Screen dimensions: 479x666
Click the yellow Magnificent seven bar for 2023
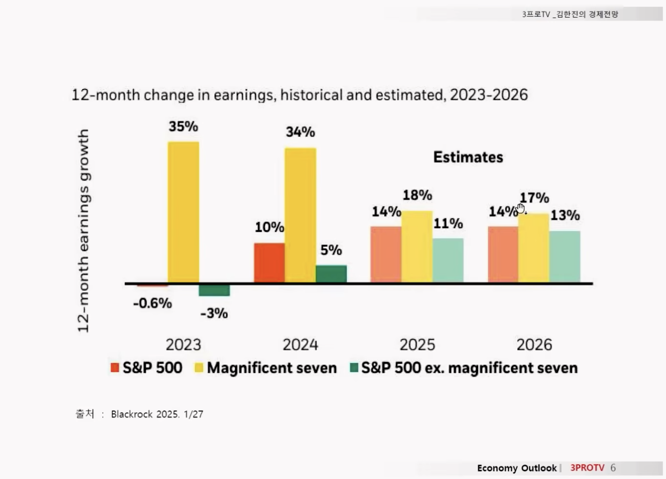[183, 212]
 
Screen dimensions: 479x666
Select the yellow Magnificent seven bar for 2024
[300, 215]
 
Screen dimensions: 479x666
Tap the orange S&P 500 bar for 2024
[269, 263]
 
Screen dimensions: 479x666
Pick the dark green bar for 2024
[331, 274]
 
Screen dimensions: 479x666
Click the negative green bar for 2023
[214, 290]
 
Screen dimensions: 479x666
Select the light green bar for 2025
[448, 260]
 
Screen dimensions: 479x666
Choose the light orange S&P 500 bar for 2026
[503, 254]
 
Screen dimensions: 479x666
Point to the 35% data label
[183, 126]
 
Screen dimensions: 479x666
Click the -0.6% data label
[152, 303]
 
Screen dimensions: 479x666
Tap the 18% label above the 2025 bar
[417, 195]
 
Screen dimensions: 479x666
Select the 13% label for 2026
[565, 215]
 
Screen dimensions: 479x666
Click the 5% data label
[331, 250]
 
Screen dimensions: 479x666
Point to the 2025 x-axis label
[417, 345]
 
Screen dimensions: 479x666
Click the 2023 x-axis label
[183, 345]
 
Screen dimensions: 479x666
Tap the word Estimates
[468, 157]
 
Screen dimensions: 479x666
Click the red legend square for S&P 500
[115, 368]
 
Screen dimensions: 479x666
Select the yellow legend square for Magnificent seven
[199, 368]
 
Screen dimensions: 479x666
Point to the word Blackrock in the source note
[132, 414]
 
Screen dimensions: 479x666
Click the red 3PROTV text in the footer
[587, 468]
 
